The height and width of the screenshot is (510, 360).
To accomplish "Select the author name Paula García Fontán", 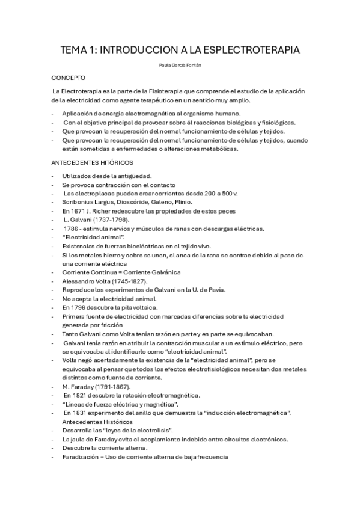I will (x=180, y=64).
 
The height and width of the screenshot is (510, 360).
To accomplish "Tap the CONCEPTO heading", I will (x=69, y=78).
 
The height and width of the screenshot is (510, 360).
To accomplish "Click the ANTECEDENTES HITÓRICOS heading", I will (x=93, y=163).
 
